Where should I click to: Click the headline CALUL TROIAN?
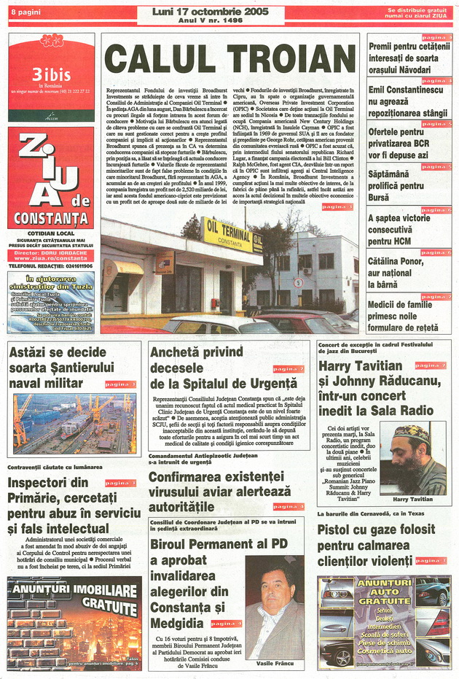pos(230,59)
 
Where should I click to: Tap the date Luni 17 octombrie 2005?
pos(209,12)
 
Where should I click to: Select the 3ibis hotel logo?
pos(51,76)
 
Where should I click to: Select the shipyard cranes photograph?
pos(73,424)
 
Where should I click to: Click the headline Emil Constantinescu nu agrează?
pos(405,101)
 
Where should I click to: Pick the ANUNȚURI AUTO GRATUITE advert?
pos(384,622)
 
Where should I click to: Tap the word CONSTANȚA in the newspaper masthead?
pos(51,217)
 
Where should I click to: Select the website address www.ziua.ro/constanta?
pos(51,258)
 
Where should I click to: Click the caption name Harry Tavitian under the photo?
pos(412,500)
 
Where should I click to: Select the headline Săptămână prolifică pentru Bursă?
pos(396,185)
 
